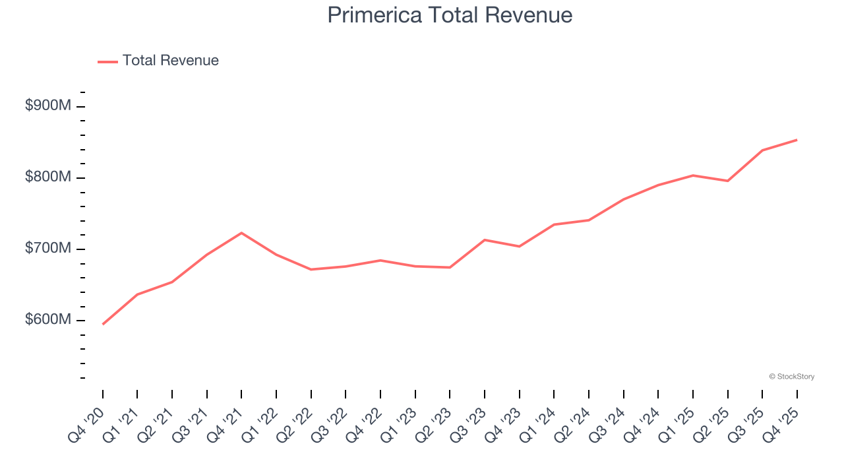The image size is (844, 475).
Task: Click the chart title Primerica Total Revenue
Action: coord(450,15)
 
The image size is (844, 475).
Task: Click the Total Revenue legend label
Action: coord(170,61)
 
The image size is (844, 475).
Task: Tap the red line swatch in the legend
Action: coord(107,61)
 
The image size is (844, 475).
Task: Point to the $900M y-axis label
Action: coord(47,106)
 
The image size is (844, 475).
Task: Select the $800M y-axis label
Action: coord(47,177)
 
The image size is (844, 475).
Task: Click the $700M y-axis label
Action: coord(47,248)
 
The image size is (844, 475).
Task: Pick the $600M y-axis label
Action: coord(47,319)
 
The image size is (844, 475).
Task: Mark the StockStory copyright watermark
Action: coord(791,377)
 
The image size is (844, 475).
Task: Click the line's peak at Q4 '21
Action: coord(241,233)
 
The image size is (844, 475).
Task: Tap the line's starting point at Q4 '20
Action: coord(103,324)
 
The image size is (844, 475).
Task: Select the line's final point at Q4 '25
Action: coord(797,140)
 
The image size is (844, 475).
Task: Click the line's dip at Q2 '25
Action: coord(727,181)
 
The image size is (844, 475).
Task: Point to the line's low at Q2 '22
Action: coord(311,269)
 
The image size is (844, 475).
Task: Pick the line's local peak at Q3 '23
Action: coord(485,239)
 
